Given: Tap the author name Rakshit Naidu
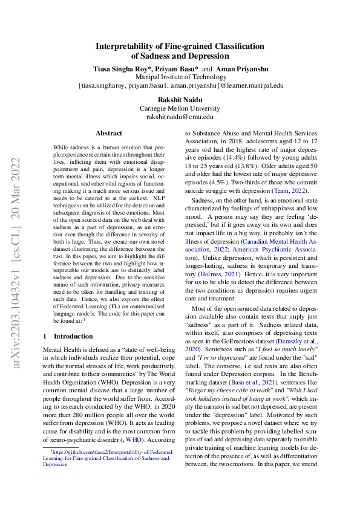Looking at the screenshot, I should [x=180, y=99].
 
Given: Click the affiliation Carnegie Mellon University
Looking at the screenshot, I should [x=180, y=108].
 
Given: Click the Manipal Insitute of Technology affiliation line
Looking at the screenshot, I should [x=180, y=77].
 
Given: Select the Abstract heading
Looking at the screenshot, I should [x=109, y=133].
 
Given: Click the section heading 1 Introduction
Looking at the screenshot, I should [x=68, y=336].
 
